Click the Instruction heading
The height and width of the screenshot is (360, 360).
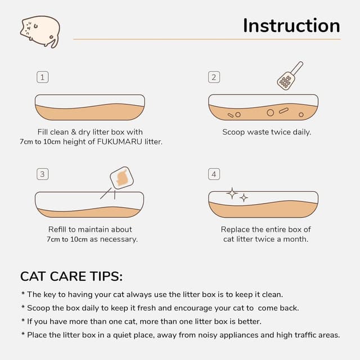pos(291,26)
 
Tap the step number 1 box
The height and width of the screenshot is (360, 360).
pos(42,77)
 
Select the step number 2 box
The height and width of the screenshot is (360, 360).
pos(214,77)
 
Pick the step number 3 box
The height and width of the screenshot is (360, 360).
pos(42,174)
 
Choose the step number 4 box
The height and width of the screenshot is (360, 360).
pos(214,174)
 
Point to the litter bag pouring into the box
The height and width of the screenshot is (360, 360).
pos(120,178)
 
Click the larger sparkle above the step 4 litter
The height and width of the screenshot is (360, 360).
pos(232,193)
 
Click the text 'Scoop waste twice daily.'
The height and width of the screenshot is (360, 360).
pos(266,132)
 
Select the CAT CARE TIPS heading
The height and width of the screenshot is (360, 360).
pos(71,276)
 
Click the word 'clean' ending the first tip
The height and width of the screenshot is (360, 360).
pos(272,294)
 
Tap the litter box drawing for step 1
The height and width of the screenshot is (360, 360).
pos(90,108)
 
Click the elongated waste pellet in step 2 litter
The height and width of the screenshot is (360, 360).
pos(283,111)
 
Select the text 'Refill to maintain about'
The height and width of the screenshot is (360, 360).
pos(90,229)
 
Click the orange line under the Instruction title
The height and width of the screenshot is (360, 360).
pos(206,39)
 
